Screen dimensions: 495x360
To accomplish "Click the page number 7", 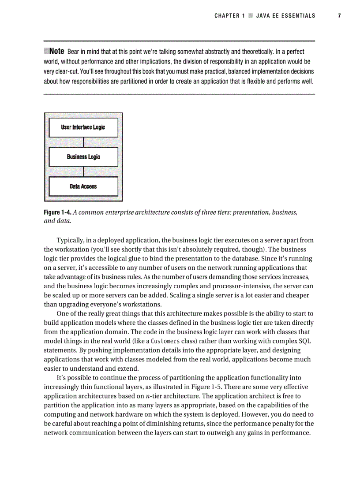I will (339, 16).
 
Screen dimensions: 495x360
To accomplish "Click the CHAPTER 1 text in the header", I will (229, 16).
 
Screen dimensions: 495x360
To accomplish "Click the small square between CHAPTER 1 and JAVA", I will (250, 16).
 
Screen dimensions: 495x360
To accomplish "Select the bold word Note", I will (57, 52).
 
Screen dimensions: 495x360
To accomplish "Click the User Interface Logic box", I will (83, 127).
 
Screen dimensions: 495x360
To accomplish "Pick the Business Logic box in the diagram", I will (83, 157).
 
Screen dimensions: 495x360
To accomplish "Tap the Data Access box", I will (83, 186).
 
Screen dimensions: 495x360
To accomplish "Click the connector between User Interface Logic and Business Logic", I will (83, 142).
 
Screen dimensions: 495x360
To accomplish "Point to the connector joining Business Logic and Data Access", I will (83, 171).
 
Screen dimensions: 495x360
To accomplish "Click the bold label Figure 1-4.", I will (57, 212).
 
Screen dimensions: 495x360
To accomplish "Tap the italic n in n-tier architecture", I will (147, 396).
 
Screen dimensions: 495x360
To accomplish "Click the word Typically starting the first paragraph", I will (71, 240).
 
